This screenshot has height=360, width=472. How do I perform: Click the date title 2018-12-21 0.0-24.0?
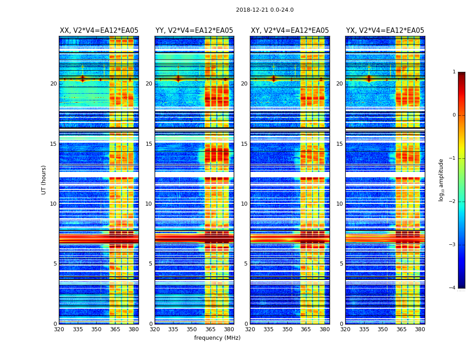[265, 10]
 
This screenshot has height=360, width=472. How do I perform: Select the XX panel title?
[99, 31]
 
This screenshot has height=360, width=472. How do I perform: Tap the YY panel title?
[194, 31]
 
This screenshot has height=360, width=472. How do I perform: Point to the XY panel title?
[289, 31]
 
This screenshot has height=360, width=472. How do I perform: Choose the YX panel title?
[385, 31]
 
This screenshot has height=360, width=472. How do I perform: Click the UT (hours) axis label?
[44, 180]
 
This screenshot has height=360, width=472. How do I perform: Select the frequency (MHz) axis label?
[217, 338]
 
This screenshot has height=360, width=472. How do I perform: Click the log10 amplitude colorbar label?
[441, 180]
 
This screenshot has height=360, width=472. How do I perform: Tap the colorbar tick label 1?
[454, 72]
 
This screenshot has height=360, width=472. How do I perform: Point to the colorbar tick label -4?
[453, 288]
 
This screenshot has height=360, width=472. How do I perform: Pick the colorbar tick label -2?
[453, 202]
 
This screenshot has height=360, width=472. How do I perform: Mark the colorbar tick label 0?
[454, 115]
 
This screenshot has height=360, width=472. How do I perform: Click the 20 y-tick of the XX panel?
[53, 84]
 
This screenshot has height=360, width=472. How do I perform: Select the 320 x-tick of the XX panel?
[59, 329]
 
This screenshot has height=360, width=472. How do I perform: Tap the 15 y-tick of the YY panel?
[149, 144]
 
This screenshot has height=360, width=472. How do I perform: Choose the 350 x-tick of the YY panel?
[192, 329]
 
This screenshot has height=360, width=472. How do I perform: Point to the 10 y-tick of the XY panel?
[244, 204]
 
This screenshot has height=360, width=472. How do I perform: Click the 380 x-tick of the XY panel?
[325, 329]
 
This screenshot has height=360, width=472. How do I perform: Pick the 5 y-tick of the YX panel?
[341, 264]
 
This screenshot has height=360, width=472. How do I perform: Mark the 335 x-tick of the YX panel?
[364, 329]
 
